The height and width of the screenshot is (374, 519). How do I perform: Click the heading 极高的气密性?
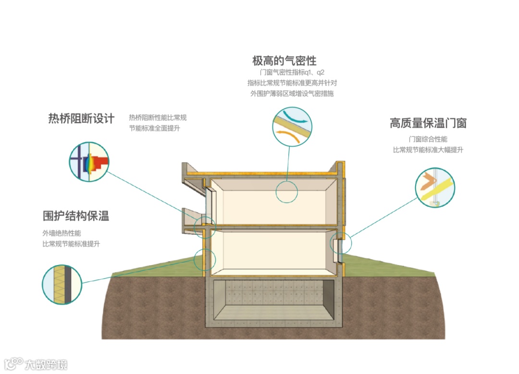pyautogui.click(x=284, y=61)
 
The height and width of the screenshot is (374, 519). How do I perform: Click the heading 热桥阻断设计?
pyautogui.click(x=81, y=119)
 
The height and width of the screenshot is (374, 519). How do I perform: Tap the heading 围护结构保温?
pyautogui.click(x=76, y=216)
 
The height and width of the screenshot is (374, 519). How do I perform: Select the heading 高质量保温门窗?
pyautogui.click(x=428, y=123)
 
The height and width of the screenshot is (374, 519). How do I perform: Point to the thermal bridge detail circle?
pyautogui.click(x=89, y=162)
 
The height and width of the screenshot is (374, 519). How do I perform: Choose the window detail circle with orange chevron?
pyautogui.click(x=435, y=187)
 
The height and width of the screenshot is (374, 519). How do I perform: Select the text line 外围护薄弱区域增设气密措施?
pyautogui.click(x=292, y=94)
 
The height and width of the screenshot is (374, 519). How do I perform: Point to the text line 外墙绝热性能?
pyautogui.click(x=62, y=233)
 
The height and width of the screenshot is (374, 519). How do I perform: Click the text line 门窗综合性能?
pyautogui.click(x=428, y=139)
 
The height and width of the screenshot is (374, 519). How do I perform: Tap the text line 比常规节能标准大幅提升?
pyautogui.click(x=428, y=150)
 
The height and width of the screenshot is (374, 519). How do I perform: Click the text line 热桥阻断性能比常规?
pyautogui.click(x=158, y=118)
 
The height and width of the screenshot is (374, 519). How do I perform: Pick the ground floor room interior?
pyautogui.click(x=272, y=252)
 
